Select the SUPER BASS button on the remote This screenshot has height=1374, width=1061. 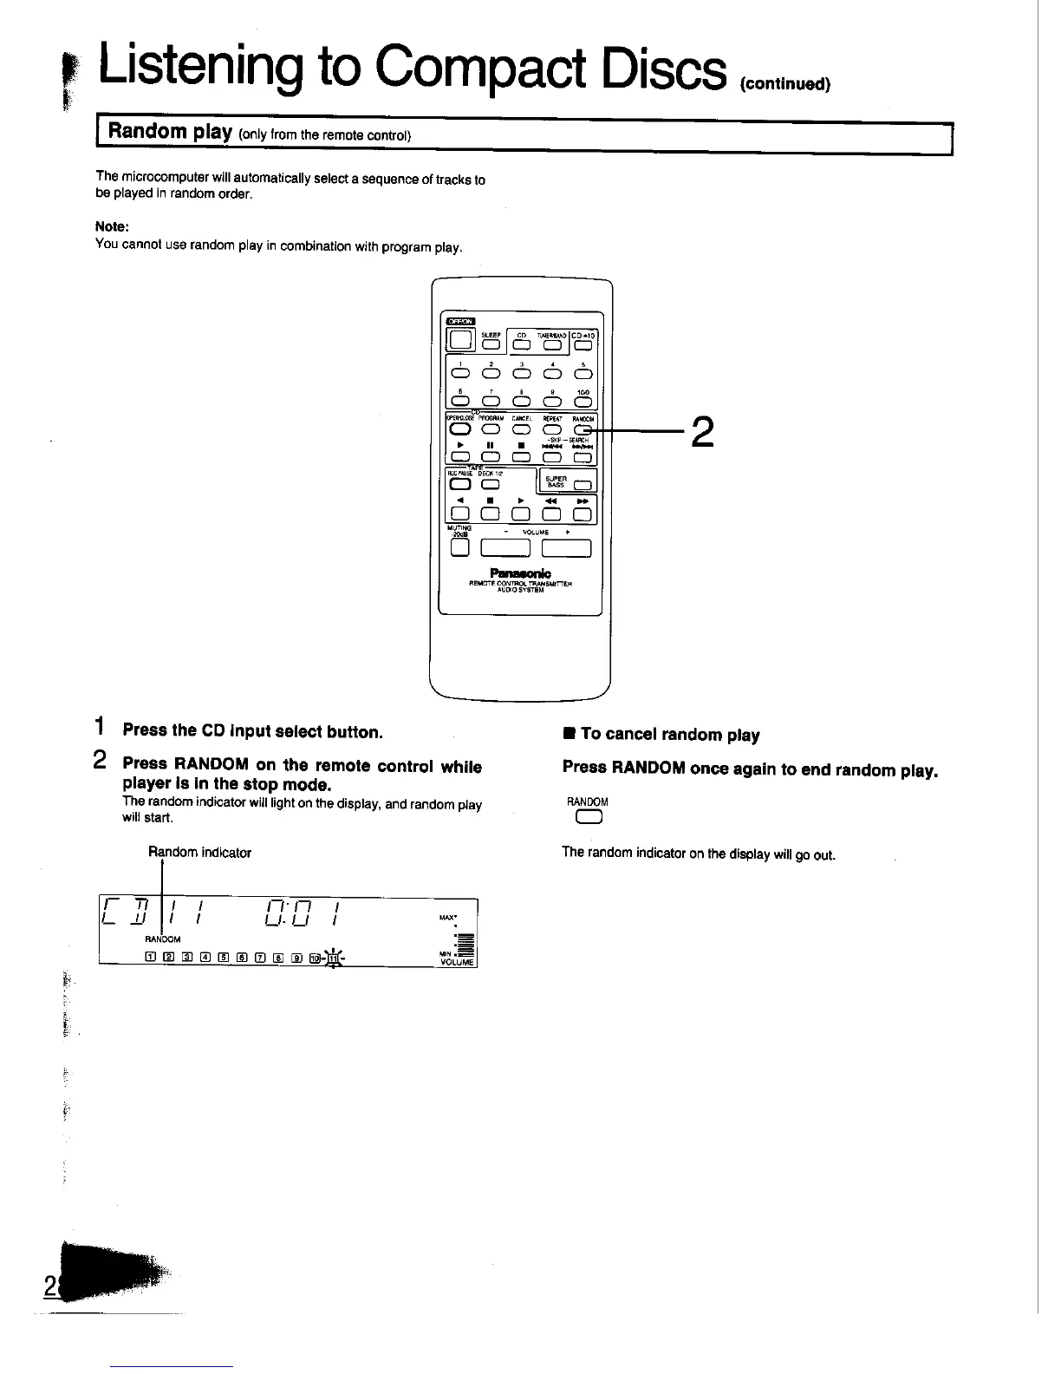pyautogui.click(x=582, y=485)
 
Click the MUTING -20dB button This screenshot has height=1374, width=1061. pyautogui.click(x=459, y=547)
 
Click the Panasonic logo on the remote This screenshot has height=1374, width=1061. pyautogui.click(x=519, y=573)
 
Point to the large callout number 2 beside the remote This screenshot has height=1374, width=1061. pyautogui.click(x=702, y=431)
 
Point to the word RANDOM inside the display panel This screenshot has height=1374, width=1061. pyautogui.click(x=163, y=939)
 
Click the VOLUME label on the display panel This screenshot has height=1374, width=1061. pyautogui.click(x=457, y=962)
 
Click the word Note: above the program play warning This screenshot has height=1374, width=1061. pyautogui.click(x=112, y=226)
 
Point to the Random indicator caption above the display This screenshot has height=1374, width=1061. pyautogui.click(x=199, y=853)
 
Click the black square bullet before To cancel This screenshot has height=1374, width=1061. pyautogui.click(x=569, y=735)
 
